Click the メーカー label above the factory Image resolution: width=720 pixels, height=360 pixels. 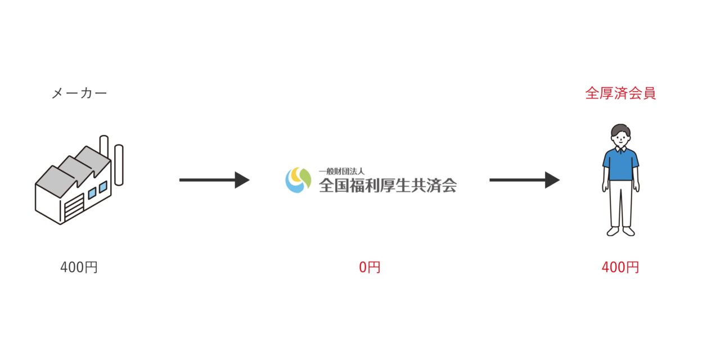[x=79, y=94]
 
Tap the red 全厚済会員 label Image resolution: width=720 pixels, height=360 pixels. [x=620, y=93]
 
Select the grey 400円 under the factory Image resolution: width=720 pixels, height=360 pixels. [x=79, y=268]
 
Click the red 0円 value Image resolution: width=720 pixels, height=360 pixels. [x=370, y=268]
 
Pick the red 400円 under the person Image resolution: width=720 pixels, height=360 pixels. [x=620, y=268]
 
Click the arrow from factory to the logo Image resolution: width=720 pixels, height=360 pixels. [x=214, y=180]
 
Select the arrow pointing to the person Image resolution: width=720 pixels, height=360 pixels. [x=524, y=180]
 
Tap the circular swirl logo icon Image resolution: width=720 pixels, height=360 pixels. [x=298, y=180]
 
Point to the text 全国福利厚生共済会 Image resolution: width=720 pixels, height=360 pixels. [x=388, y=185]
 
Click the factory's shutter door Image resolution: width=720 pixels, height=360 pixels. [x=74, y=209]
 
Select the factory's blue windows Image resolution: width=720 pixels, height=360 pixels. [x=97, y=190]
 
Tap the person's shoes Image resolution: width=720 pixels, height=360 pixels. [x=620, y=231]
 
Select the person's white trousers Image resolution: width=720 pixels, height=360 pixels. [x=620, y=202]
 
